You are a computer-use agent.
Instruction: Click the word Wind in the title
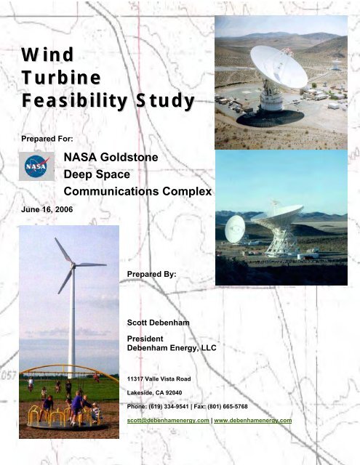click(47, 54)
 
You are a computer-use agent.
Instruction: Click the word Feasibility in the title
click(74, 100)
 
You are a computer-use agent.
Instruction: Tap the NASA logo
click(37, 166)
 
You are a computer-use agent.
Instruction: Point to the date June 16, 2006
click(47, 210)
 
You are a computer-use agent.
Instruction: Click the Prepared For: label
click(47, 139)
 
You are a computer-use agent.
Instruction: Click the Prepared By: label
click(152, 275)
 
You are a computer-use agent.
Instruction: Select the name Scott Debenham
click(159, 323)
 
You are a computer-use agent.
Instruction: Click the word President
click(145, 339)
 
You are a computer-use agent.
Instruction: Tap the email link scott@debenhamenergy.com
click(168, 421)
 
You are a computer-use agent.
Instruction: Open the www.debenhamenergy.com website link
click(253, 421)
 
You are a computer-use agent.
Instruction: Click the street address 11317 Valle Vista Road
click(159, 379)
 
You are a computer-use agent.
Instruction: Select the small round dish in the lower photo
click(235, 229)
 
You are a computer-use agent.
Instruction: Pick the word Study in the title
click(165, 101)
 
